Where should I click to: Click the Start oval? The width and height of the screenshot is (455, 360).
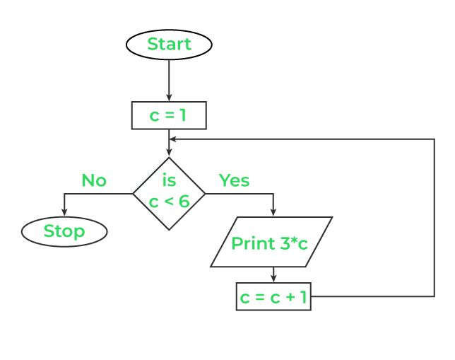coord(169,45)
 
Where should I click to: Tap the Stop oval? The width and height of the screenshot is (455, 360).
coord(64,231)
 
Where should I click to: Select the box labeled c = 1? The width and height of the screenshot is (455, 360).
coord(169,115)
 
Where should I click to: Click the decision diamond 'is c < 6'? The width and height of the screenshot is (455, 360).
coord(169,193)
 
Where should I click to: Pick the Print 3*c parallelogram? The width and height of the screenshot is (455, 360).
coord(271,243)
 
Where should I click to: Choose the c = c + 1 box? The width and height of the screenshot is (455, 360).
coord(273,297)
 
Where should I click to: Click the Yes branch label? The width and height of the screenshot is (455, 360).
coord(234,180)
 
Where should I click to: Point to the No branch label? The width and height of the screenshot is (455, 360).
coord(94,180)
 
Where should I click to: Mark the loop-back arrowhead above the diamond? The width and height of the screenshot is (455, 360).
coord(174,139)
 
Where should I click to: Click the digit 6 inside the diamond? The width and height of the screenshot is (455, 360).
coord(184,202)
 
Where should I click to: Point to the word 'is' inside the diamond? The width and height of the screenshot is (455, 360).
coord(169,181)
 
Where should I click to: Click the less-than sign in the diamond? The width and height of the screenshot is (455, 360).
coord(169,202)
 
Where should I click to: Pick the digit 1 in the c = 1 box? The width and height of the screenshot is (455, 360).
coord(183,116)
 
